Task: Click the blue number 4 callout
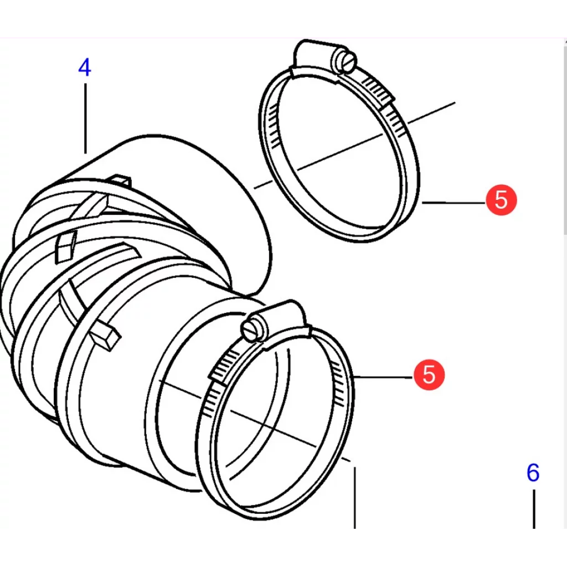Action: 84,68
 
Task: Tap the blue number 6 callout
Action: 532,473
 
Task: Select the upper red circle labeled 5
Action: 501,199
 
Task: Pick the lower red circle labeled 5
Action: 429,374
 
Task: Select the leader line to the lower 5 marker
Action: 382,377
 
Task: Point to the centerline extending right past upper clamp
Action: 432,112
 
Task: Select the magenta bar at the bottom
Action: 283,549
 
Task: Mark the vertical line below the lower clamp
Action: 355,498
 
